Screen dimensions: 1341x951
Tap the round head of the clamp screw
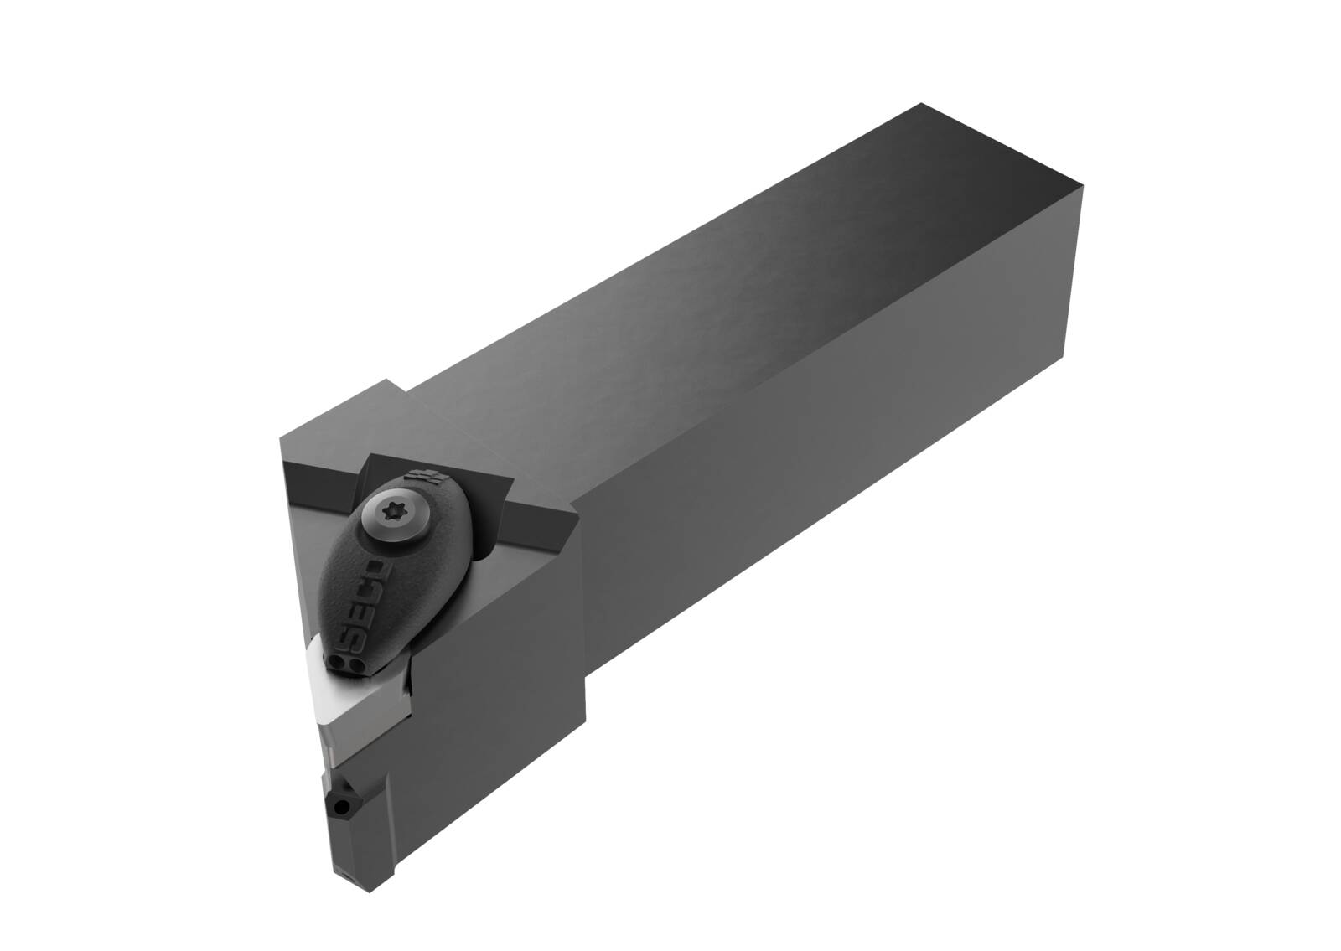pyautogui.click(x=395, y=512)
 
